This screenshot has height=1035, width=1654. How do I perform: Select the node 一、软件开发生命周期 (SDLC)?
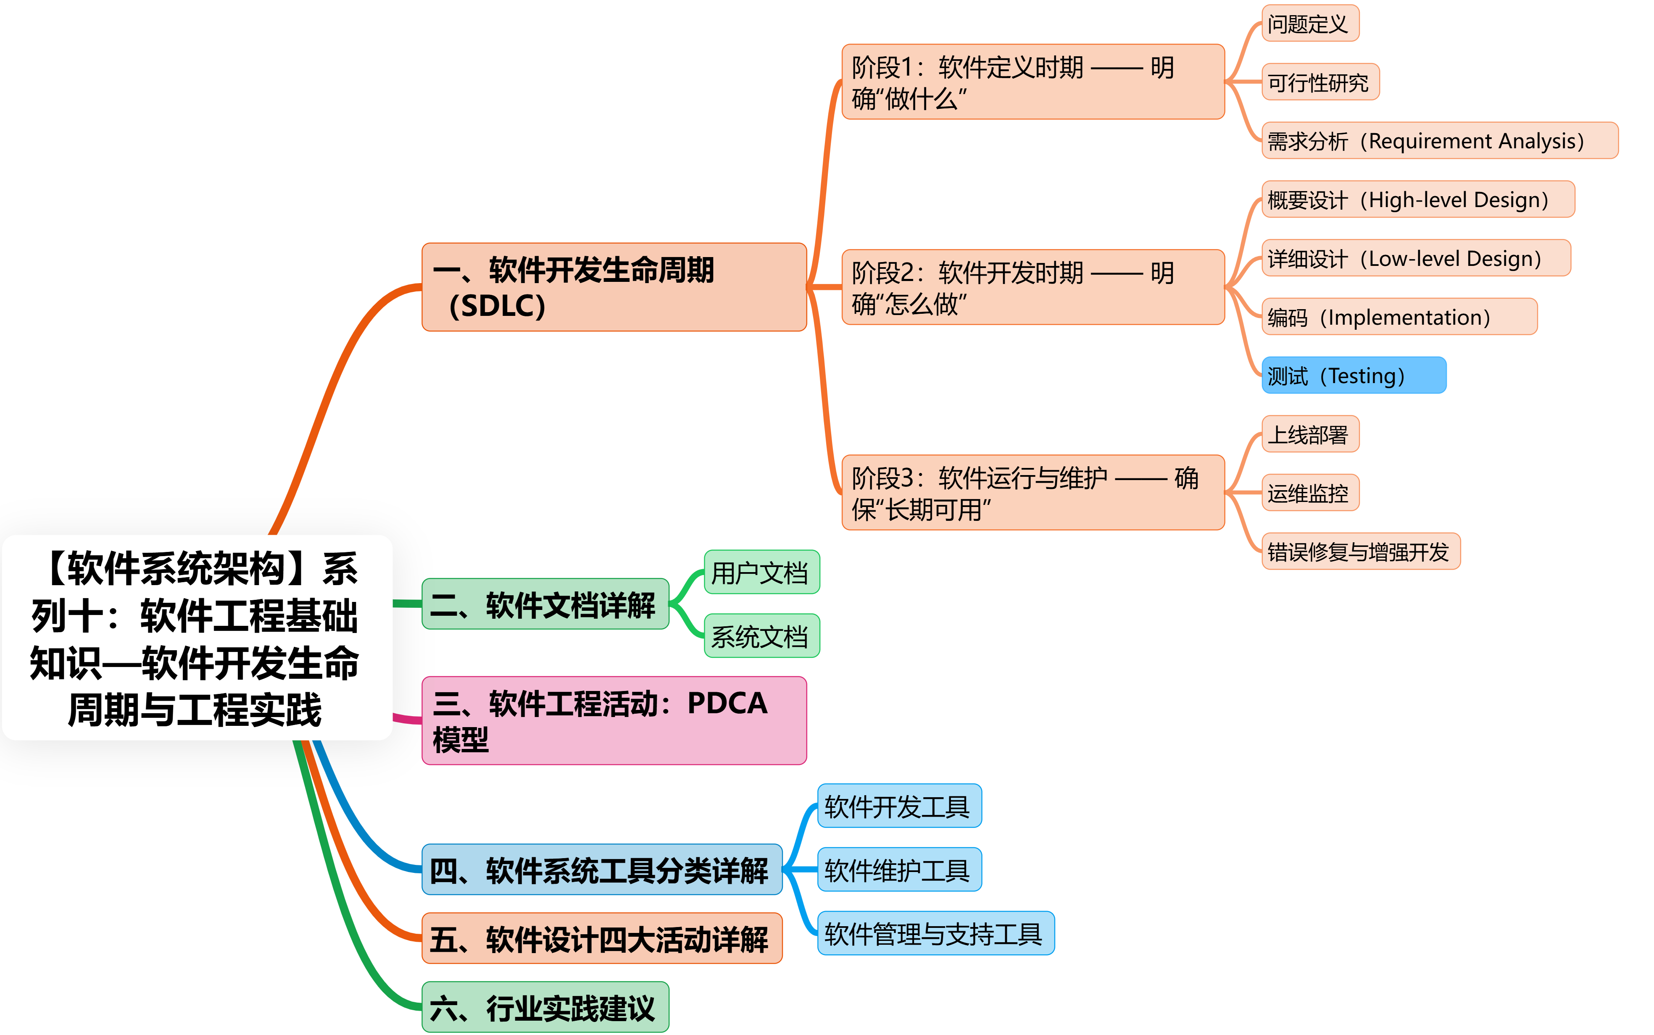click(614, 287)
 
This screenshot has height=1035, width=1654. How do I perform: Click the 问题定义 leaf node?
click(1310, 24)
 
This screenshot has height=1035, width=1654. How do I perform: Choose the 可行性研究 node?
click(1319, 82)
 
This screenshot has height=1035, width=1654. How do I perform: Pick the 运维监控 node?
click(1310, 492)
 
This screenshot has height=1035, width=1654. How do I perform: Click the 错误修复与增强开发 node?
click(1360, 551)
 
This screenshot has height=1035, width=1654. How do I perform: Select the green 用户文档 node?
click(761, 572)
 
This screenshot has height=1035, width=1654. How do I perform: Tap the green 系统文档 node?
click(761, 636)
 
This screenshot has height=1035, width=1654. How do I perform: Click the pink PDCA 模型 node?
click(614, 720)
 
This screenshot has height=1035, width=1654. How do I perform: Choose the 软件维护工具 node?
click(899, 870)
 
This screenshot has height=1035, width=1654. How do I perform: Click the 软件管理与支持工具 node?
click(935, 933)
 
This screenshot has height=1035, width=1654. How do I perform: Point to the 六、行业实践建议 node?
click(545, 1007)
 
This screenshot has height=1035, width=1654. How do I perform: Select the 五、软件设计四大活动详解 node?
click(602, 938)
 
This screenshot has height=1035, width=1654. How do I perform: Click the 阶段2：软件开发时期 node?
click(1032, 287)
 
